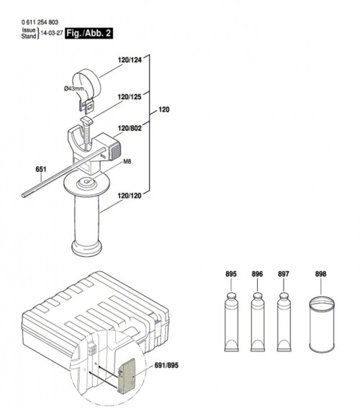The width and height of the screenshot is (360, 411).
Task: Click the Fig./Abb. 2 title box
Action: pos(89,33)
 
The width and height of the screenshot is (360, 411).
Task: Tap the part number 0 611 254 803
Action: pos(40,22)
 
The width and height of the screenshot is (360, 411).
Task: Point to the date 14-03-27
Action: pos(52,33)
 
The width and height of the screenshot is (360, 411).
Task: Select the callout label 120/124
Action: pos(130,60)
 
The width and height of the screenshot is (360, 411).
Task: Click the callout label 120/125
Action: pos(130,97)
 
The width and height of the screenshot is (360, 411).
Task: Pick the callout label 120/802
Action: pos(130,128)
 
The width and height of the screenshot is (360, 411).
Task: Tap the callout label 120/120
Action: pos(130,196)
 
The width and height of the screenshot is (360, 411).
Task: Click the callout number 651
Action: pos(41,169)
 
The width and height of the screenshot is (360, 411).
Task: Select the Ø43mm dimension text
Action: pos(74,89)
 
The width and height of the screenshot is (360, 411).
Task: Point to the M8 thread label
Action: pos(127,162)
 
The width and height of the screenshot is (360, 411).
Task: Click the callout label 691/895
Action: pos(166,365)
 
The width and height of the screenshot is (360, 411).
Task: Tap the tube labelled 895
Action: pos(232,322)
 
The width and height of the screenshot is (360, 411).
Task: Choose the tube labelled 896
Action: pos(258,322)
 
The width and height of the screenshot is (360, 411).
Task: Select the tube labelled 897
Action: pos(284,322)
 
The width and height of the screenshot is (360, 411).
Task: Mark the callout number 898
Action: pos(320,274)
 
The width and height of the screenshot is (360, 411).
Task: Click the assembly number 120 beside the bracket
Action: pos(164,109)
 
